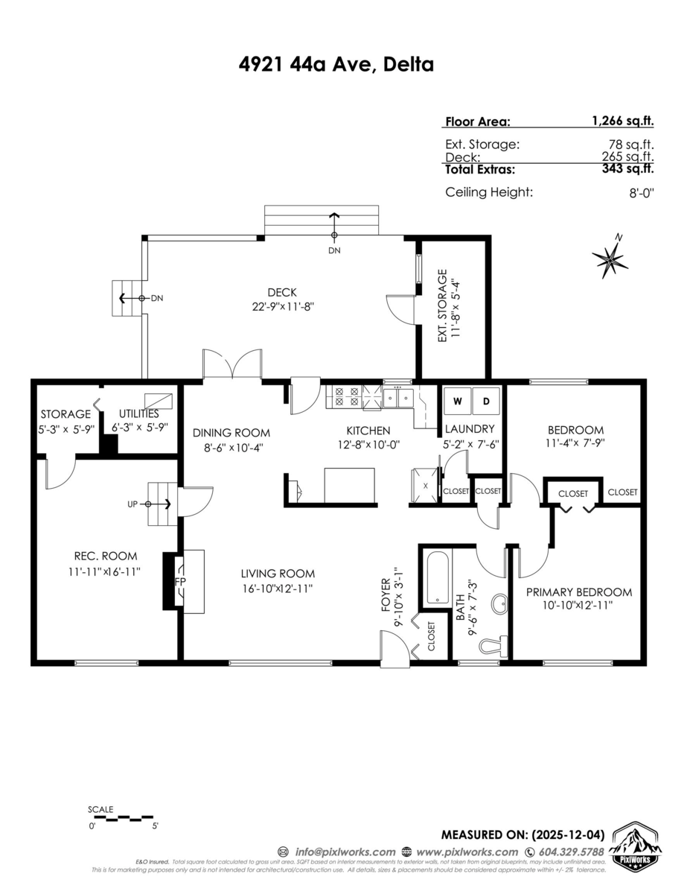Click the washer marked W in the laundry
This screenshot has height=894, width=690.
pos(458,402)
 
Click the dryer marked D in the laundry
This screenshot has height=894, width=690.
pos(487,402)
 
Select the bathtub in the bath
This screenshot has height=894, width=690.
pos(437,578)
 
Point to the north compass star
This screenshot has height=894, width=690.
pos(610,259)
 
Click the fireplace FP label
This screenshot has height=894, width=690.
pos(180,581)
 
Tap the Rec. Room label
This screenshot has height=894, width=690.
pos(95,556)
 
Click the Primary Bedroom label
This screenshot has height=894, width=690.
pos(578,592)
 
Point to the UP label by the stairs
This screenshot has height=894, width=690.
pos(132,504)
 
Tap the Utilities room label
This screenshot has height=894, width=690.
pos(135,414)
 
